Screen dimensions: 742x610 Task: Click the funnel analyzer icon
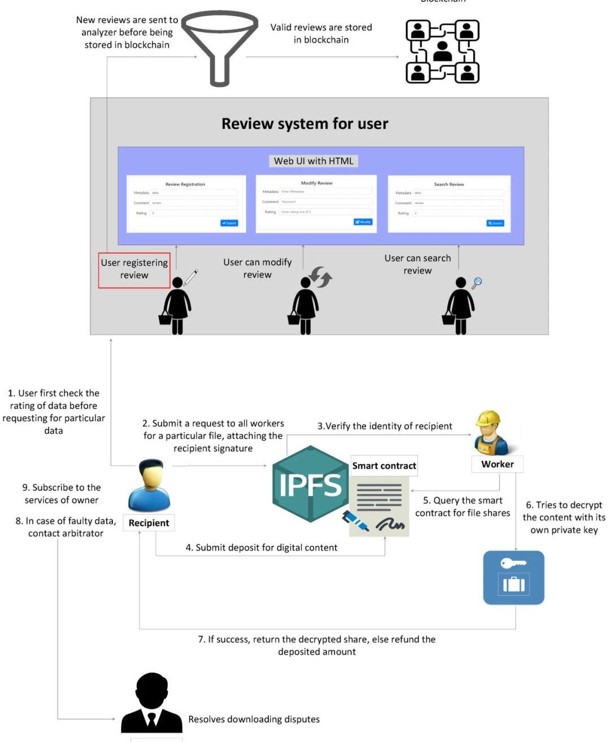tap(219, 47)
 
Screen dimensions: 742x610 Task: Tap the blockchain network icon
tap(442, 52)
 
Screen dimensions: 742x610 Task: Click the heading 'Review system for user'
tap(304, 124)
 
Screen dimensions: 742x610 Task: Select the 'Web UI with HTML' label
tap(313, 161)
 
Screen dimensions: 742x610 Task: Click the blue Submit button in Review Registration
tap(229, 223)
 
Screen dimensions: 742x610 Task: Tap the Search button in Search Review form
tap(495, 223)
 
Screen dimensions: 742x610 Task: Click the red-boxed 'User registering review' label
tap(134, 269)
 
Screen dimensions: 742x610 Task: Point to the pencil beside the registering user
tap(191, 277)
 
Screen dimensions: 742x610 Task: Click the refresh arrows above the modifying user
tap(320, 277)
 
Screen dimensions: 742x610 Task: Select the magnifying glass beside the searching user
tap(477, 282)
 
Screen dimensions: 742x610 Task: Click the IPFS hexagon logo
tap(310, 484)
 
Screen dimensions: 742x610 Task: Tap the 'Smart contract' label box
tap(384, 466)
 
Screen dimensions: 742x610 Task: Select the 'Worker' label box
tap(497, 464)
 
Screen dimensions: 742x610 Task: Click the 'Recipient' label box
tap(149, 523)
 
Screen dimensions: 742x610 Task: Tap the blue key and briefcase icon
tap(513, 578)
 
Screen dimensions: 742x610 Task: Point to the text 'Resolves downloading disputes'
tap(254, 719)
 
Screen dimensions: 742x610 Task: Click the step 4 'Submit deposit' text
tap(262, 548)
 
